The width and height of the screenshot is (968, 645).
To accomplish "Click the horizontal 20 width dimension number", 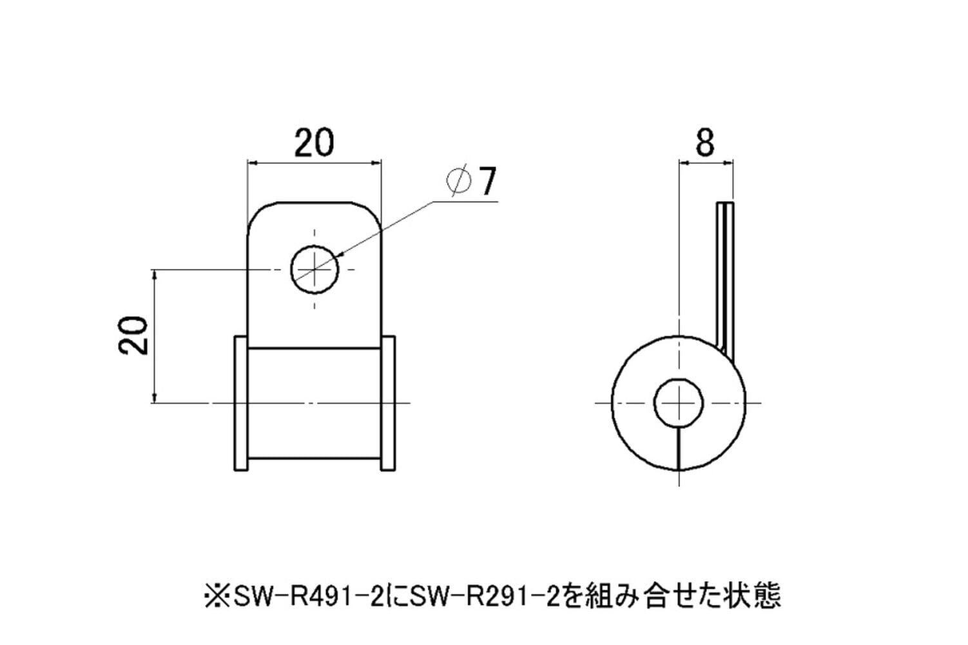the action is (x=314, y=142).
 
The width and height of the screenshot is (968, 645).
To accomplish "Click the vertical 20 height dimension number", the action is (x=133, y=335).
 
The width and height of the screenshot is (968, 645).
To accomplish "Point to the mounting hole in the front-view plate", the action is (x=315, y=270).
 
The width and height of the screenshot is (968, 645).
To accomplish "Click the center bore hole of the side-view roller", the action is (x=679, y=402).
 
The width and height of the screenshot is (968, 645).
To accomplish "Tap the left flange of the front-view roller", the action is (x=241, y=402).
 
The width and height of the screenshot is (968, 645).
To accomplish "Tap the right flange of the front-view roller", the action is (x=387, y=402).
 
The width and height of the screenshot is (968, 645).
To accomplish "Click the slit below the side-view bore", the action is (x=679, y=449).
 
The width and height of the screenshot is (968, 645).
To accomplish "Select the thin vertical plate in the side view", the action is (x=725, y=281).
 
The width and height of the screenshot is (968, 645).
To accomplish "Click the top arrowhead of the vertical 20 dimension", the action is (x=155, y=275).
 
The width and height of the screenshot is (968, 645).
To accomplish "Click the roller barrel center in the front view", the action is (x=315, y=402).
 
